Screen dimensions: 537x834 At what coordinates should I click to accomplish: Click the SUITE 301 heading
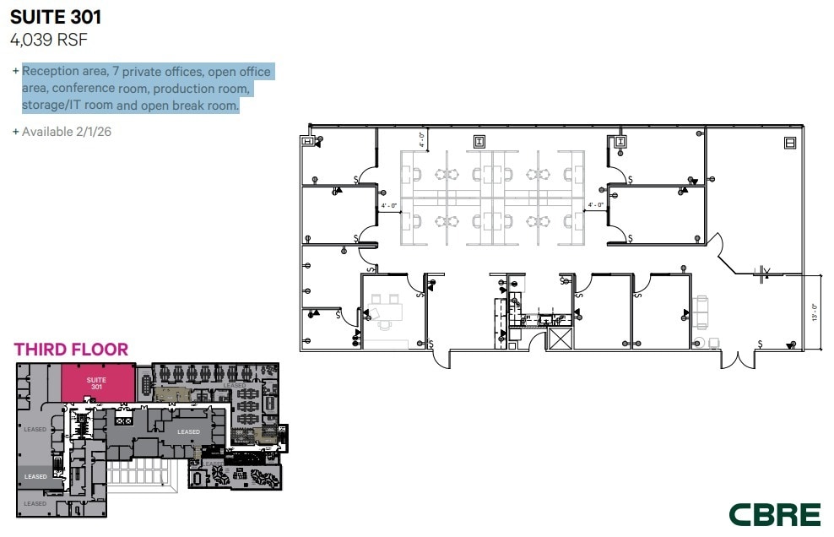pos(56,17)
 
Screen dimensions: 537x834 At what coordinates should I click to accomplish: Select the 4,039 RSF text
pos(49,39)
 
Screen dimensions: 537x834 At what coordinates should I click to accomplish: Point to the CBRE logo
pos(774,514)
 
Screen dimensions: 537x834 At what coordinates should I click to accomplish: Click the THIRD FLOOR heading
pos(71,350)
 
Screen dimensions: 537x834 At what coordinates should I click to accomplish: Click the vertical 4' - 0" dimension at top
pos(422,137)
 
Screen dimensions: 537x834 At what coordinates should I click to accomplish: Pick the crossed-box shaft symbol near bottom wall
pos(560,339)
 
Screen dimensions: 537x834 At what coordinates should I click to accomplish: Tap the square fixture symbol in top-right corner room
pos(790,142)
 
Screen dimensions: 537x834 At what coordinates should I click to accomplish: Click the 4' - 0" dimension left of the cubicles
pos(389,205)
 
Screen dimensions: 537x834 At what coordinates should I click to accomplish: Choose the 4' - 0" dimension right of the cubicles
pos(595,205)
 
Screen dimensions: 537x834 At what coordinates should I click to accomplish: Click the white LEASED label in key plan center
pos(188,431)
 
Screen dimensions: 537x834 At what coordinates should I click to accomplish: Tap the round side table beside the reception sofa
pos(697,343)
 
